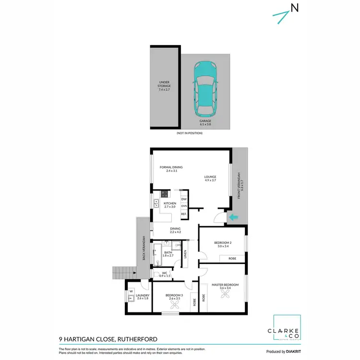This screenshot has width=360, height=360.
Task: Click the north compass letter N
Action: [x=294, y=8]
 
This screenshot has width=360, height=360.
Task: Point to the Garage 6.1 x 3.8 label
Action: [x=205, y=122]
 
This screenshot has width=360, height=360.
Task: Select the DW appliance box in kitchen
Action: [x=184, y=199]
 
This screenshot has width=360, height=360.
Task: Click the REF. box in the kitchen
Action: [x=184, y=214]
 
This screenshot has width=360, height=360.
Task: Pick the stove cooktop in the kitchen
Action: [x=165, y=194]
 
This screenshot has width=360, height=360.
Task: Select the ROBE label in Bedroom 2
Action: [x=232, y=258]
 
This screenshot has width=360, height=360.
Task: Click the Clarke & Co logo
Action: [x=287, y=332]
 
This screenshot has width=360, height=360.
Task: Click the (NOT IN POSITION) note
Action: [x=190, y=132]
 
